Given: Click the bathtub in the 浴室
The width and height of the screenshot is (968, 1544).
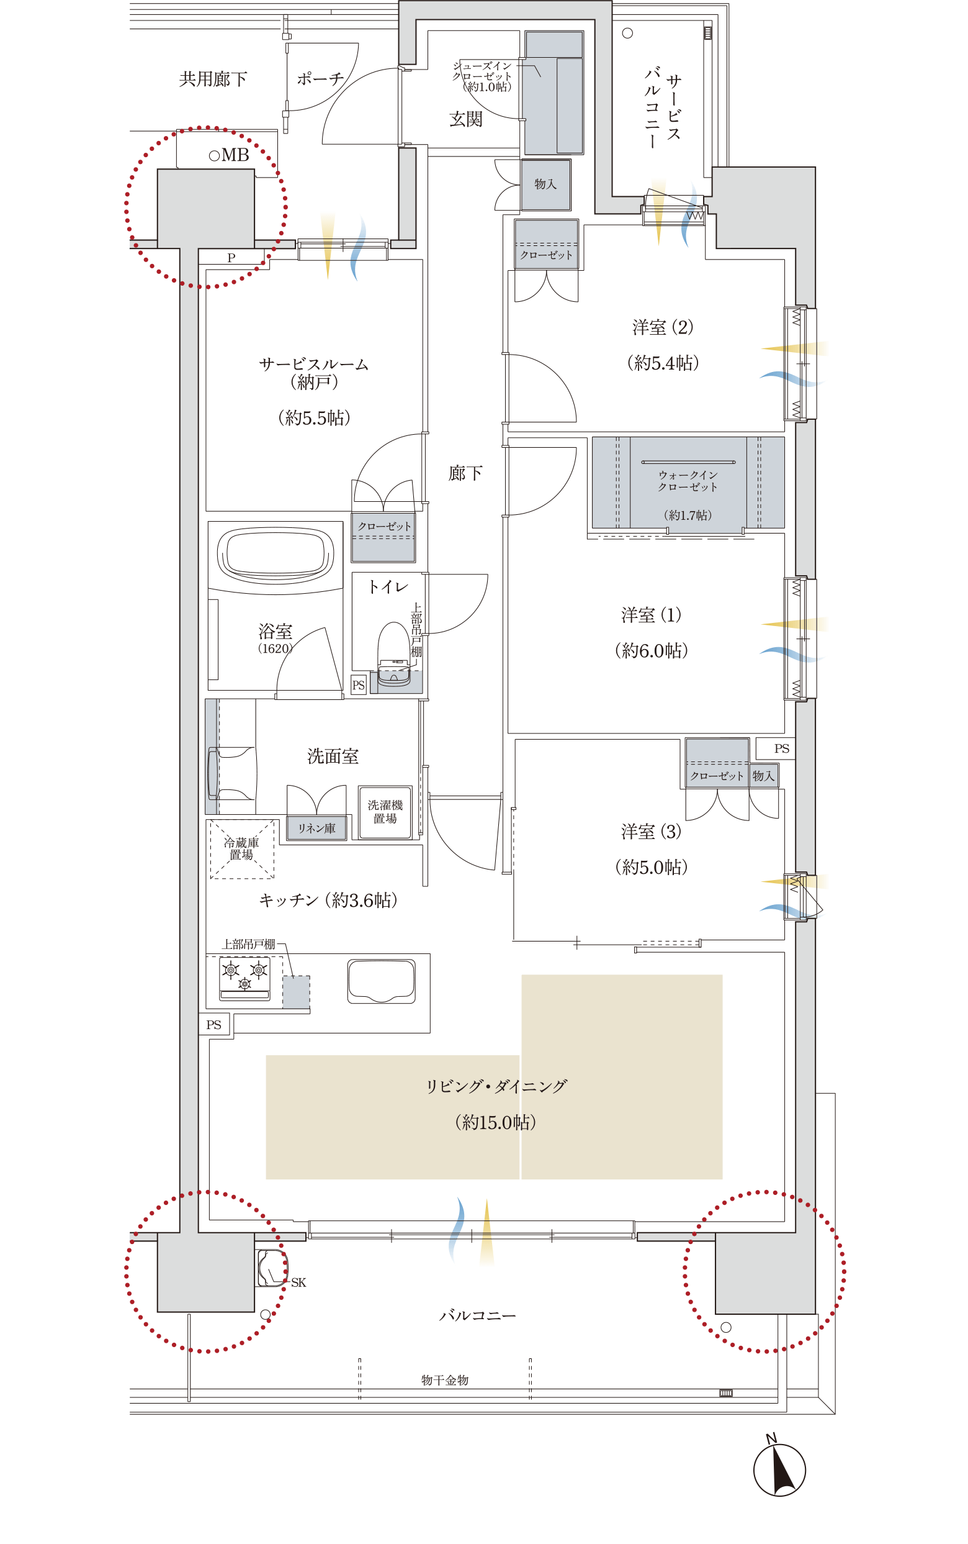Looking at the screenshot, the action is pyautogui.click(x=276, y=555).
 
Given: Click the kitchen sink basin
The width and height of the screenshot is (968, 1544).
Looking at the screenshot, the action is pyautogui.click(x=381, y=981).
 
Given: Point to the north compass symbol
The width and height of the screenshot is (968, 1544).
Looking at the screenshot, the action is pyautogui.click(x=779, y=1469).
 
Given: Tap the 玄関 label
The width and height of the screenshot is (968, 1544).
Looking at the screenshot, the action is pyautogui.click(x=465, y=119).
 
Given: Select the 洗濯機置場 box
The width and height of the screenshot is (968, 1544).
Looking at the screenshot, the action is pyautogui.click(x=385, y=812).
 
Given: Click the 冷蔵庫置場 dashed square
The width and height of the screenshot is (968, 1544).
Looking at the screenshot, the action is pyautogui.click(x=242, y=849).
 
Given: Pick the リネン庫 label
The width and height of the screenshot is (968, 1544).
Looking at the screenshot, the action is pyautogui.click(x=316, y=829).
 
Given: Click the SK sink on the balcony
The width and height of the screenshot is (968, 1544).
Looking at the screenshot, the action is pyautogui.click(x=271, y=1268).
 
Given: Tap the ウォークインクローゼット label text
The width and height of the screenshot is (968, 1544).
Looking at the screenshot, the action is pyautogui.click(x=688, y=481).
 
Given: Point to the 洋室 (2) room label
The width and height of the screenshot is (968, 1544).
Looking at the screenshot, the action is pyautogui.click(x=663, y=327).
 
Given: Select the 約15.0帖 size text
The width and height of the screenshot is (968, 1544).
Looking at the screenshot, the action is pyautogui.click(x=495, y=1122).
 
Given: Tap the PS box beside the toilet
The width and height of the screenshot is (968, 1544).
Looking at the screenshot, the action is pyautogui.click(x=359, y=685).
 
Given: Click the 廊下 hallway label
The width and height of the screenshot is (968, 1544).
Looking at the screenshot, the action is pyautogui.click(x=465, y=473).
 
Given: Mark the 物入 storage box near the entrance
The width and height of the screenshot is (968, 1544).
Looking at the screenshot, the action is pyautogui.click(x=545, y=184).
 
